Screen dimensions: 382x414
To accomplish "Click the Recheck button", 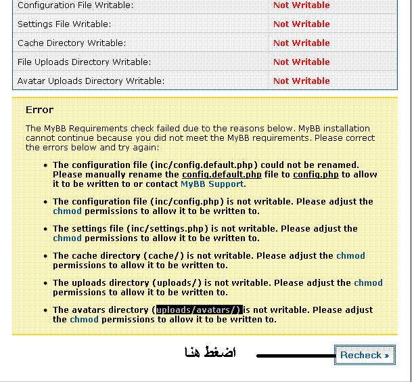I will [x=364, y=355].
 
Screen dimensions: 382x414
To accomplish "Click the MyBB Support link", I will [x=212, y=184].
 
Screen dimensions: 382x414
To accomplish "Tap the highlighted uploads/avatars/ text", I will [x=199, y=310].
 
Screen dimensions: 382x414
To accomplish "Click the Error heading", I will [x=39, y=110].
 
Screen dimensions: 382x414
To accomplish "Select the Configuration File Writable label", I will [x=75, y=5].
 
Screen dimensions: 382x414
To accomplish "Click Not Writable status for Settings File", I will [x=301, y=24].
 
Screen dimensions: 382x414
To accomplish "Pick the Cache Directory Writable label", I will [x=71, y=43].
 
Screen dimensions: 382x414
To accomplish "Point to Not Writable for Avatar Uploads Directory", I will [x=301, y=81].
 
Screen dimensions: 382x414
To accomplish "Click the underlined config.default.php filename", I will [x=227, y=174].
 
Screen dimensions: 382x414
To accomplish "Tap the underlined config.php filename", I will [x=316, y=174].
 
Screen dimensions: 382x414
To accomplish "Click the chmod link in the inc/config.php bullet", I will [x=67, y=211].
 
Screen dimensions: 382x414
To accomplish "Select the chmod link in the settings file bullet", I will [x=67, y=238].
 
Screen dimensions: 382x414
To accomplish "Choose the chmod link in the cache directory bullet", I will [x=350, y=255].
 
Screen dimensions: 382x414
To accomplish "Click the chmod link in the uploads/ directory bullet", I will [x=368, y=282].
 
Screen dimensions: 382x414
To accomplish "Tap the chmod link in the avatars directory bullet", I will [x=84, y=319].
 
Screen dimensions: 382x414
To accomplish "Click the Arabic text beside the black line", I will [x=210, y=353].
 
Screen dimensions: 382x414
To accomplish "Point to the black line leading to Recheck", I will [x=295, y=355].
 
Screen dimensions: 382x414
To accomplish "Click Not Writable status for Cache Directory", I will [x=301, y=43].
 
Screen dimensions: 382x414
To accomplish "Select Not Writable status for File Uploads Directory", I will [x=301, y=62].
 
